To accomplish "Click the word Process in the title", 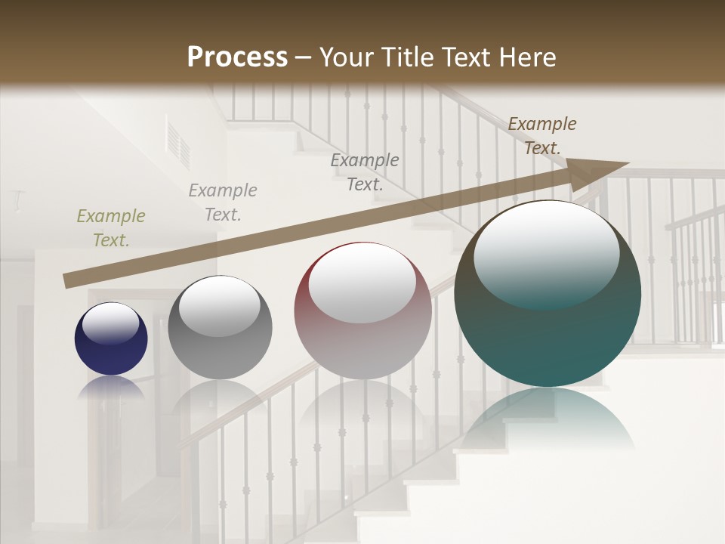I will point(237,57).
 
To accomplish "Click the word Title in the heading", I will point(408,57).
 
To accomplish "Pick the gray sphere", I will point(220,355).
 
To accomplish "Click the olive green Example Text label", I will point(111,227).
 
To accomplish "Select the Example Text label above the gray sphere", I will point(223,202).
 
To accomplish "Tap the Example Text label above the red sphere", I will point(365,172).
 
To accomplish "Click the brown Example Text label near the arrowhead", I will point(542,135).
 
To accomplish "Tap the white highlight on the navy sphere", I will point(111,323).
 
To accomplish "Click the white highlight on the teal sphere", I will point(546,253).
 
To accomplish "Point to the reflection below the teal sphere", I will point(548,416).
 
